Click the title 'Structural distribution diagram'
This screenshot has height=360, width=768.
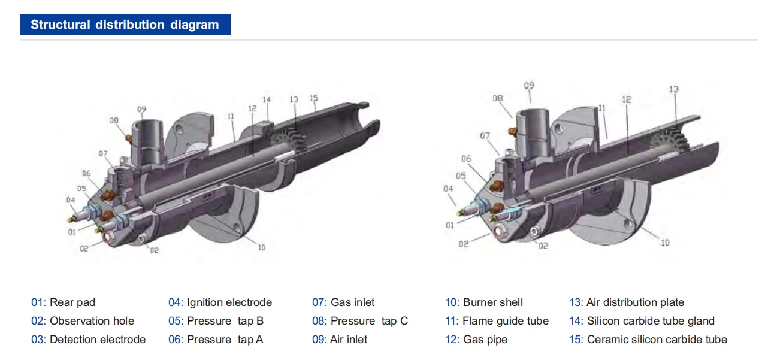pyautogui.click(x=125, y=25)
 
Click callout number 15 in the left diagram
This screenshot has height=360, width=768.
pyautogui.click(x=314, y=98)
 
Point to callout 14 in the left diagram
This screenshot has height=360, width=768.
pyautogui.click(x=267, y=100)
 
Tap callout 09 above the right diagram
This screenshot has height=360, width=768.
pyautogui.click(x=529, y=86)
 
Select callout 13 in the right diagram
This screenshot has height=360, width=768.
pyautogui.click(x=674, y=89)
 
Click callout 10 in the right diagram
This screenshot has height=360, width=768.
pyautogui.click(x=665, y=243)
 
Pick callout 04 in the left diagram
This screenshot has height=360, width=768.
pyautogui.click(x=70, y=200)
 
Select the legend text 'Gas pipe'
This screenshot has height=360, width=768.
pyautogui.click(x=485, y=340)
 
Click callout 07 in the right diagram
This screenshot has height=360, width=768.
pyautogui.click(x=485, y=136)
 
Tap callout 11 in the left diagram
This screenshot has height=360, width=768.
pyautogui.click(x=231, y=116)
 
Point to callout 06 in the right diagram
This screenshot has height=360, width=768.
pyautogui.click(x=466, y=158)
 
